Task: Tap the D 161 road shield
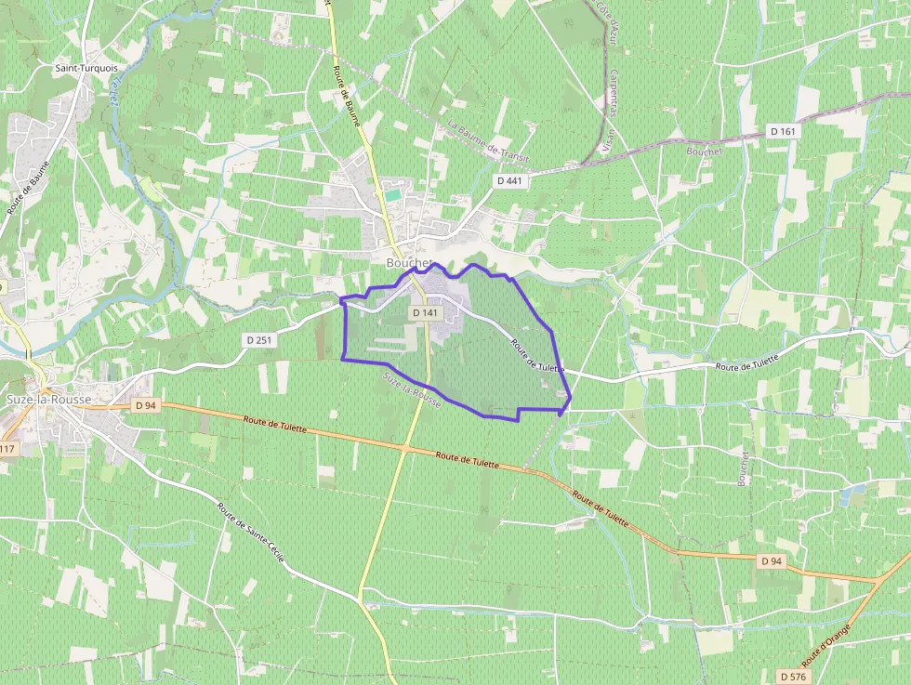click(784, 132)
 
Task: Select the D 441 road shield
click(509, 180)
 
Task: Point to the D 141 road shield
click(425, 313)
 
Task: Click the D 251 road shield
click(261, 340)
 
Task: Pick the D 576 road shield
click(792, 676)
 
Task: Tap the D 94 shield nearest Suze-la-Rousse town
click(144, 405)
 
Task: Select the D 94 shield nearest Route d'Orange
click(771, 561)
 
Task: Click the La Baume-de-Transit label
click(487, 140)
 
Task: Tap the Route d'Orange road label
click(825, 644)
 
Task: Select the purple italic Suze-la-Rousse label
click(411, 390)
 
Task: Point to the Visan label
click(609, 139)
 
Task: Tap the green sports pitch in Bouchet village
click(394, 195)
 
